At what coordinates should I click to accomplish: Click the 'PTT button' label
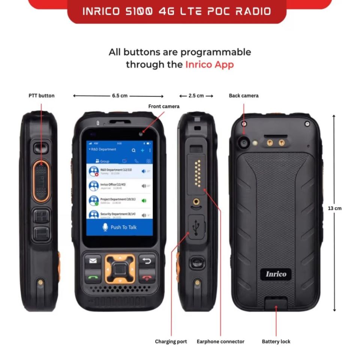pos(42,96)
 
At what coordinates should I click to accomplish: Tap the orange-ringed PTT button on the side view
pos(40,181)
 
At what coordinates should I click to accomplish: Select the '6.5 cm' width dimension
pos(119,96)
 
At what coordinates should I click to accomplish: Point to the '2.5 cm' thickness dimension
pos(196,96)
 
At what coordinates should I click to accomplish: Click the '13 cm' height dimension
pos(334,208)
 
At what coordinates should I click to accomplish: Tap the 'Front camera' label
pos(164,106)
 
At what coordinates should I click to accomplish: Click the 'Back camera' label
pos(244,96)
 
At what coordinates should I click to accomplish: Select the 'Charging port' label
pos(171,342)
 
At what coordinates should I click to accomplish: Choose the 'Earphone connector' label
pos(220,342)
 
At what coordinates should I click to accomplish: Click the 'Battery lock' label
pos(276,342)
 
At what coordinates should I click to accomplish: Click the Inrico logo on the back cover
pos(276,274)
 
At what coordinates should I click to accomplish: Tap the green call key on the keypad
pos(93,278)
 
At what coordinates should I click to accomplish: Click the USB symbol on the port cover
pos(195,227)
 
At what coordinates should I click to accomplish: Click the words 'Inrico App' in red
pos(209,64)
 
